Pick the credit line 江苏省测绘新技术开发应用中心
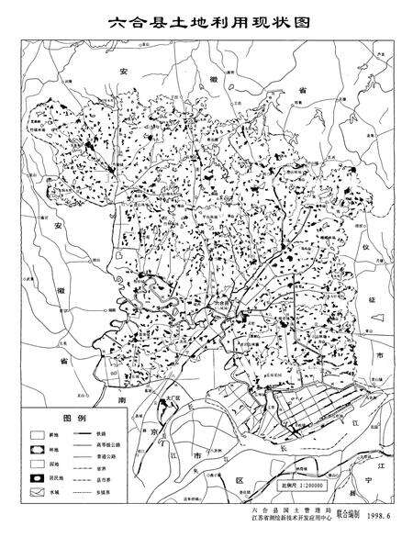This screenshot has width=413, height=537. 279,527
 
